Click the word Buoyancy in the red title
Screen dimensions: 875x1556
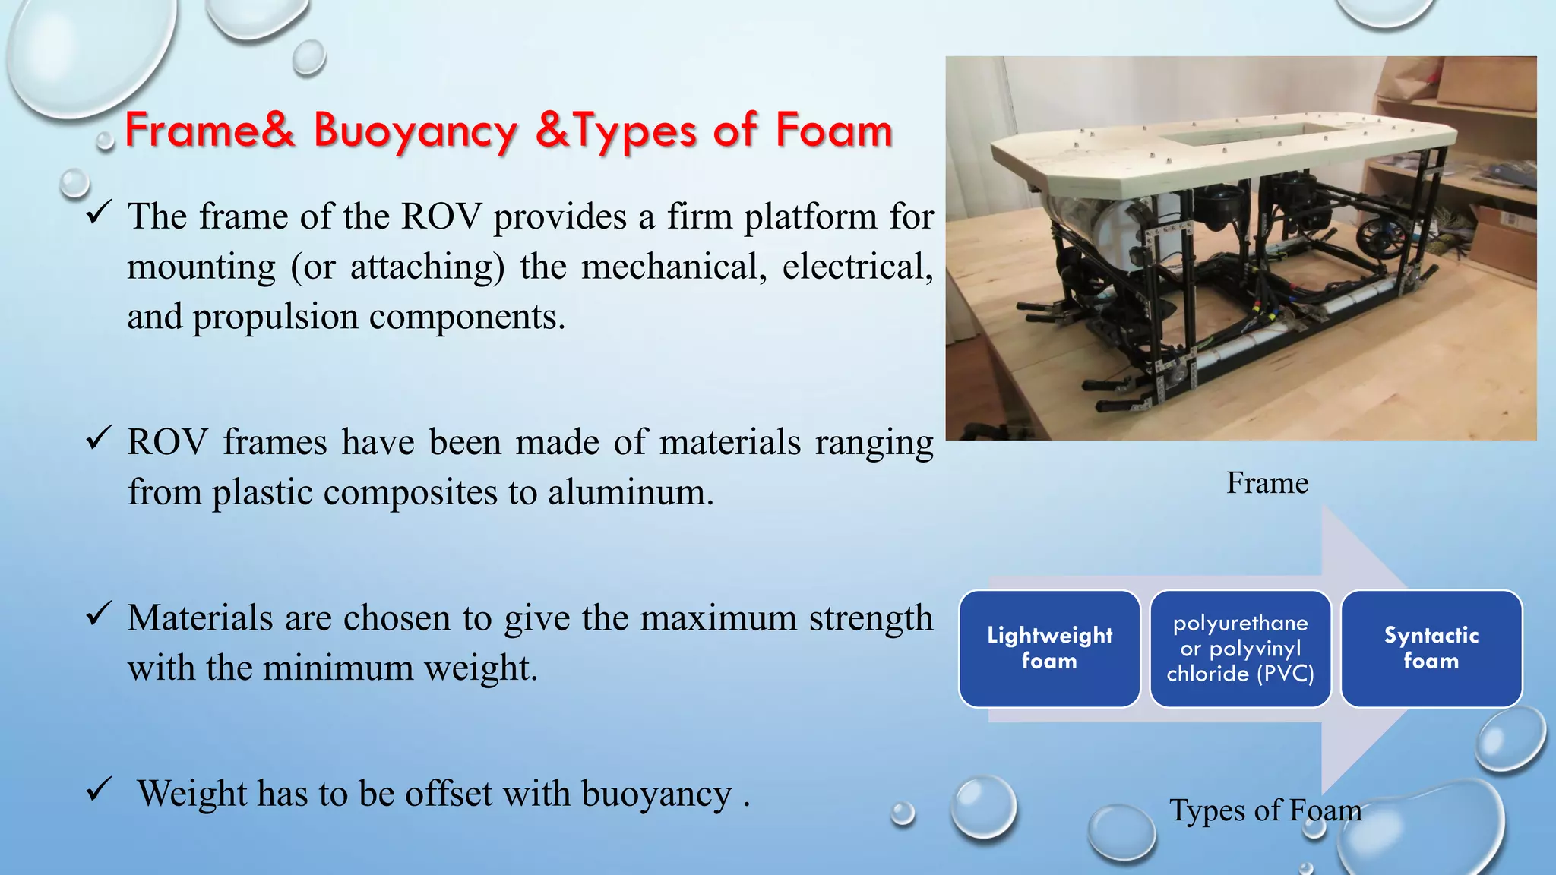415,131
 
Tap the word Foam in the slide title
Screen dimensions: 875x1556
833,131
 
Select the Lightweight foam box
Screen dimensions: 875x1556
1049,649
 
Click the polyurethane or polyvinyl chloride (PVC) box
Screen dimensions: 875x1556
1240,649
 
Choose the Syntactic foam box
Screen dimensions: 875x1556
1431,649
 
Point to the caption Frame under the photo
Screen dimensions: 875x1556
1267,483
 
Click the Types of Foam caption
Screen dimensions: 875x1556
1265,810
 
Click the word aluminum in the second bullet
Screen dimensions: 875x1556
630,493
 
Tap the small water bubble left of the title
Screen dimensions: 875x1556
105,141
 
